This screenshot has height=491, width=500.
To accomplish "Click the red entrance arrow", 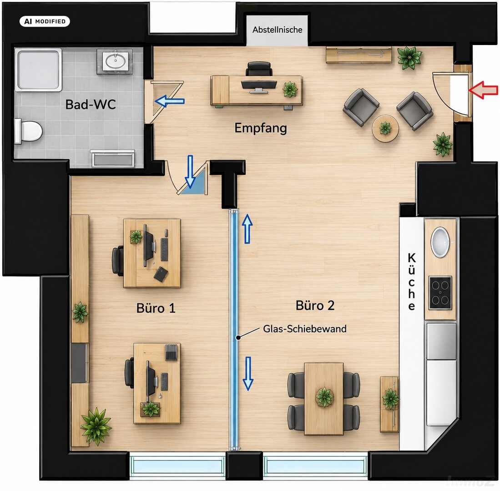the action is (x=483, y=90).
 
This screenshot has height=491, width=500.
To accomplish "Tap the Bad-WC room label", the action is (x=91, y=104).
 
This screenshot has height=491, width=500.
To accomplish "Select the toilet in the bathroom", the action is (x=28, y=131).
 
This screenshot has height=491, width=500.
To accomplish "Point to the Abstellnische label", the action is (x=278, y=30).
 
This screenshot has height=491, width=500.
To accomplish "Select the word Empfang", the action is (x=261, y=128).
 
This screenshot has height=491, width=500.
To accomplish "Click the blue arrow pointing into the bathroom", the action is (x=169, y=101).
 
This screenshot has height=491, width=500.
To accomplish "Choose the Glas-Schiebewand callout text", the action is (x=305, y=329).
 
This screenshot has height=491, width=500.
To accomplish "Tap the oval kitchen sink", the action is (x=440, y=242).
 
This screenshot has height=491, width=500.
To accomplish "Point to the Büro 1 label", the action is (x=156, y=308).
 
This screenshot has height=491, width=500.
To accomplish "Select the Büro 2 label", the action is (x=315, y=305).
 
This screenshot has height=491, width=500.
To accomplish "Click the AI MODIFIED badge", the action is (x=45, y=21).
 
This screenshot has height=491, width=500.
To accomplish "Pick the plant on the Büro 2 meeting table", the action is (x=324, y=397).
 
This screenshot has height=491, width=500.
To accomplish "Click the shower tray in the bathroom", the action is (x=38, y=70).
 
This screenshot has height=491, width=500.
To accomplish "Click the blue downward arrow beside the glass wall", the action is (x=248, y=374).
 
